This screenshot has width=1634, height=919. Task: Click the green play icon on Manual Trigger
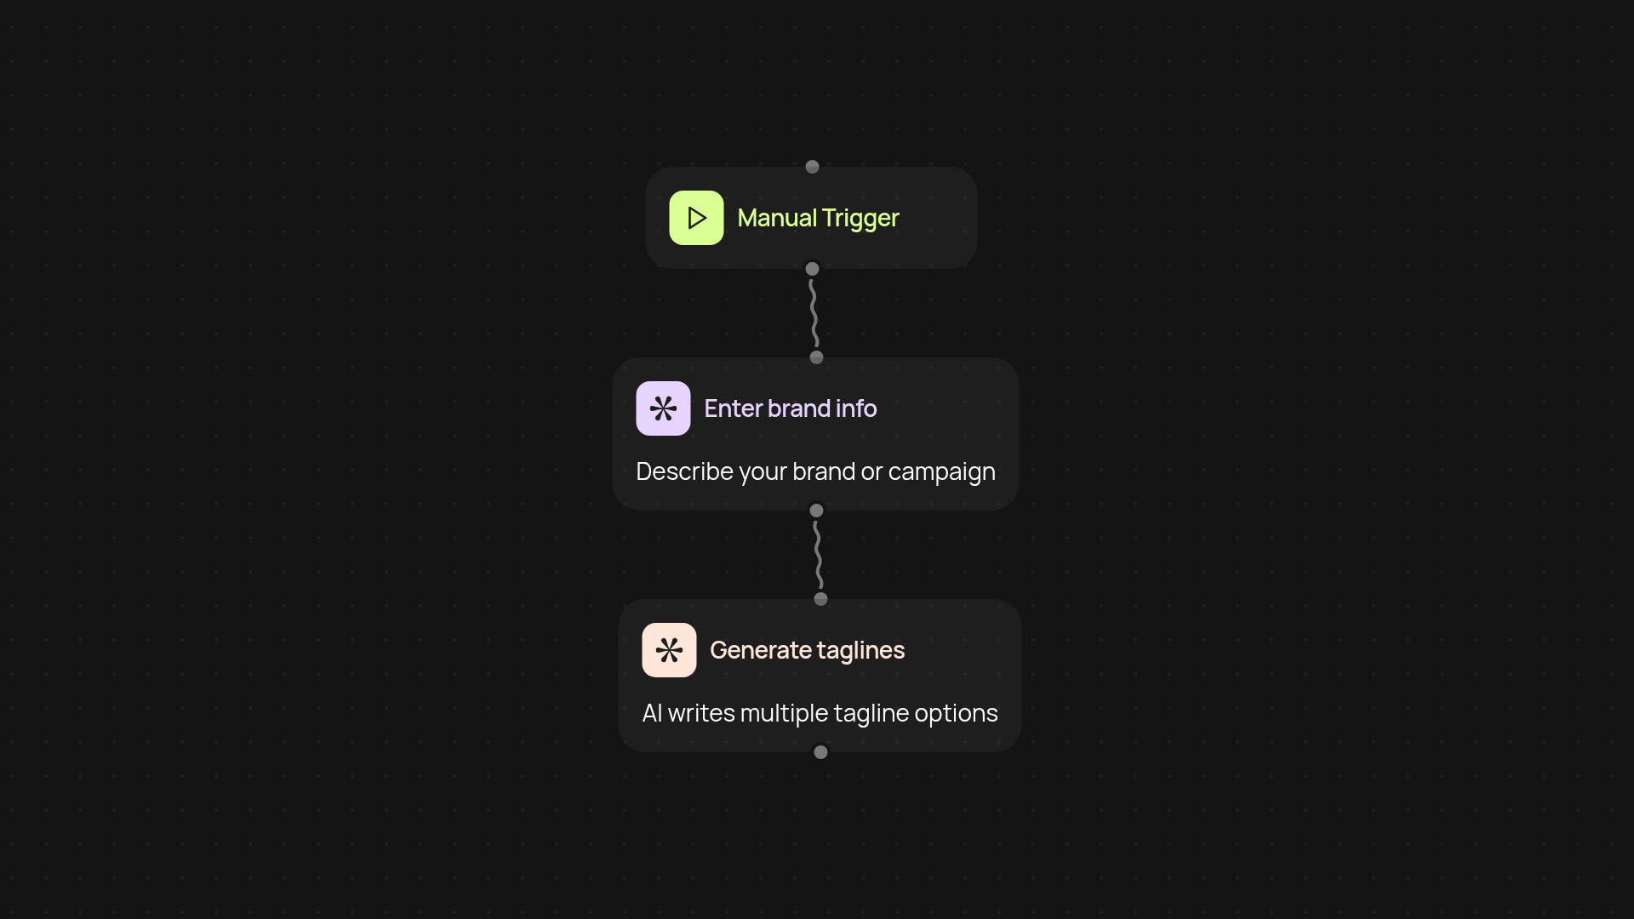click(696, 218)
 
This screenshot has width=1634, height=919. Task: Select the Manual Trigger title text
click(818, 218)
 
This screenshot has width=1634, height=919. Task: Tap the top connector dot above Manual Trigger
click(812, 167)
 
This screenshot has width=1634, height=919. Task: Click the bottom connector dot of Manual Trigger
click(812, 269)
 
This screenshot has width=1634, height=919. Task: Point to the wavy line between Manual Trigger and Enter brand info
click(814, 313)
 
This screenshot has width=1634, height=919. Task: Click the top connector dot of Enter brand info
click(816, 357)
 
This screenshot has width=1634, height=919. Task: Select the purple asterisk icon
click(663, 408)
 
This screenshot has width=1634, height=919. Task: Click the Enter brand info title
click(790, 408)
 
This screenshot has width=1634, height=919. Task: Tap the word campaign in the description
click(941, 471)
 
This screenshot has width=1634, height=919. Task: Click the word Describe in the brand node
click(685, 471)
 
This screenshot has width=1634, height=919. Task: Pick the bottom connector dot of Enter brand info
click(816, 511)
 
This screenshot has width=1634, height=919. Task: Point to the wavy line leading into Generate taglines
click(819, 555)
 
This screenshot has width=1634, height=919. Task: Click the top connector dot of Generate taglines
click(820, 599)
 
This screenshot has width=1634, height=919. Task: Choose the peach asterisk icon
click(669, 650)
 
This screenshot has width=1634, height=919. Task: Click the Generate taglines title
click(807, 650)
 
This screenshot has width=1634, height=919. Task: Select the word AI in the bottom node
click(652, 713)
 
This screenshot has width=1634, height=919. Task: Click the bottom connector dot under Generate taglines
click(820, 752)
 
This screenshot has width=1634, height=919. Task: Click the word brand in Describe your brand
click(823, 471)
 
